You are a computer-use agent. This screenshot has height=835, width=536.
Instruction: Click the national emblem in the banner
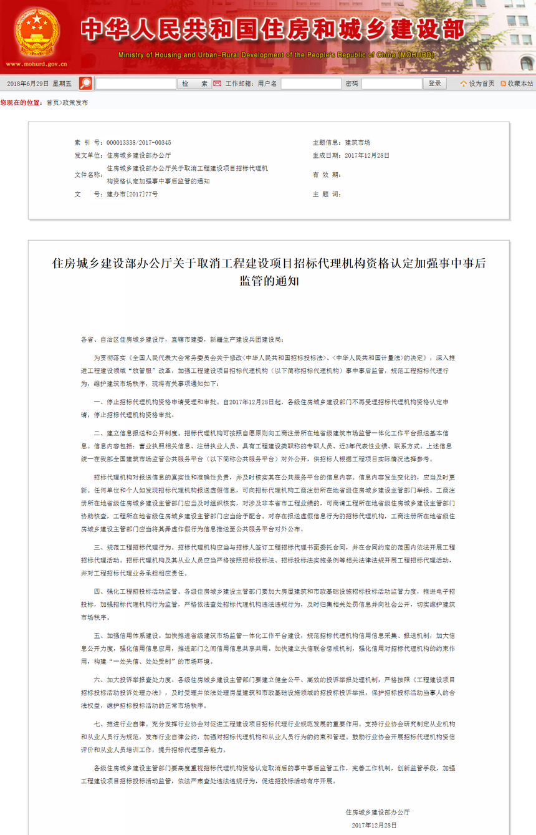[x=37, y=31]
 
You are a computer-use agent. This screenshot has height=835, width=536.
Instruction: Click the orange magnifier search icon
[x=85, y=84]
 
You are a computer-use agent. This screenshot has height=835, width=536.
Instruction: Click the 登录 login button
[x=435, y=84]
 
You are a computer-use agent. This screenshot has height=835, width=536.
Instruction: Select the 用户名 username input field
[x=311, y=84]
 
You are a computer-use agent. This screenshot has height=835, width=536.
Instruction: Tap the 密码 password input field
[x=391, y=84]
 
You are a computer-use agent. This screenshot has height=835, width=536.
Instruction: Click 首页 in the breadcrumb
[x=53, y=103]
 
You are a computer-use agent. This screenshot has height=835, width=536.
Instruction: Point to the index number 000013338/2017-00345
[x=138, y=143]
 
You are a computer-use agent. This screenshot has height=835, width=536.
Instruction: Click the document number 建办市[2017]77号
[x=132, y=194]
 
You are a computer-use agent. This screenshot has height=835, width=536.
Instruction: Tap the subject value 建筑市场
[x=358, y=143]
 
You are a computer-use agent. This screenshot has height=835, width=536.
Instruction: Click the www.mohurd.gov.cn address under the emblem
[x=36, y=64]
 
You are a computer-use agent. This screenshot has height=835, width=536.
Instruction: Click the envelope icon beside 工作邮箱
[x=217, y=84]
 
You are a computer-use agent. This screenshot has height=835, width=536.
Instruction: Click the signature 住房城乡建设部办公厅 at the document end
[x=378, y=813]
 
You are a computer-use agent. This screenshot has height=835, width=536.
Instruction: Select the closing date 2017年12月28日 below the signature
[x=374, y=825]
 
